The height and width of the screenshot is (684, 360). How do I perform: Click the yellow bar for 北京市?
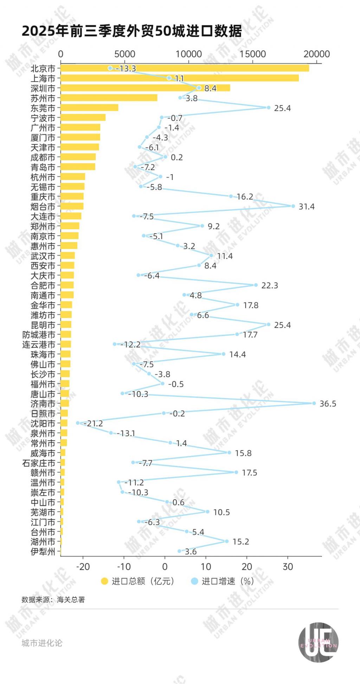[x=185, y=68]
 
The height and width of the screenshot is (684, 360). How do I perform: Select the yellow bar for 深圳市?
[x=145, y=88]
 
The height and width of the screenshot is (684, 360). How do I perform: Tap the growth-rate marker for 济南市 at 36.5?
[x=314, y=403]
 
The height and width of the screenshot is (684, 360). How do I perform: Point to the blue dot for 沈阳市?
[x=78, y=423]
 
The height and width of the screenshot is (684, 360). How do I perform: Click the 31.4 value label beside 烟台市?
[x=306, y=207]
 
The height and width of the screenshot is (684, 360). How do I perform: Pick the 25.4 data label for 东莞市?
[x=282, y=108]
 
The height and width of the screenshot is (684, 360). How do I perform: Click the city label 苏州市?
[x=43, y=98]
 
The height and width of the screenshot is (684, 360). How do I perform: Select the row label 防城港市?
[x=39, y=335]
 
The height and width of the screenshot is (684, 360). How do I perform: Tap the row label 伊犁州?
[x=43, y=551]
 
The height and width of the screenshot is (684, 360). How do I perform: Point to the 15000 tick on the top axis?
[x=253, y=54]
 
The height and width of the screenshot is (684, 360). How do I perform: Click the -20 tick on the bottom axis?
[x=83, y=567]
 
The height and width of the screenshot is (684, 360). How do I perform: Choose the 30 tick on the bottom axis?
[x=288, y=567]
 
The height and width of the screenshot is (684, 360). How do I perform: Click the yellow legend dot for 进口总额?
[x=104, y=581]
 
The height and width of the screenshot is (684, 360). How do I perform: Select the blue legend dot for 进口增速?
[x=194, y=581]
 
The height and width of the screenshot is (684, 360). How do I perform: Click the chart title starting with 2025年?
[x=132, y=31]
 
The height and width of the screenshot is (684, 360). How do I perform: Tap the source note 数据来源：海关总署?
[x=53, y=600]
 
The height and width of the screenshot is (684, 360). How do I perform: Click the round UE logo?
[x=318, y=642]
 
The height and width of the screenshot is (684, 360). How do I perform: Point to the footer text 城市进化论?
[x=42, y=643]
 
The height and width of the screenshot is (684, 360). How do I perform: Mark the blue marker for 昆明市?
[x=269, y=324]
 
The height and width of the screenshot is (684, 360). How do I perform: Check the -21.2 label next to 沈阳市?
[x=94, y=424]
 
